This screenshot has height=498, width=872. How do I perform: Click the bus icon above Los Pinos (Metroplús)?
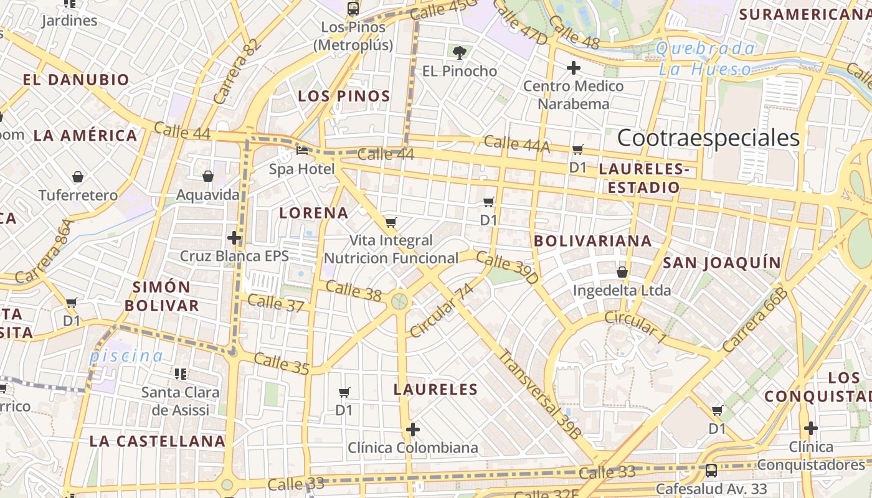(x=353, y=8)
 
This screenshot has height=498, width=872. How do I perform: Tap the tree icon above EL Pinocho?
(x=460, y=53)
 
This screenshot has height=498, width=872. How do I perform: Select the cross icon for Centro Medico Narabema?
(x=574, y=68)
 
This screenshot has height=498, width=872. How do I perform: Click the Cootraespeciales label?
(x=708, y=138)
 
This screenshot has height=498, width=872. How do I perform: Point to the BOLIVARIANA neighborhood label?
(x=593, y=241)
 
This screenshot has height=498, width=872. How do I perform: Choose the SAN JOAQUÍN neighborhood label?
(x=721, y=263)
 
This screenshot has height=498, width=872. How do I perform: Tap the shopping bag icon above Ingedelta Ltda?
(x=622, y=272)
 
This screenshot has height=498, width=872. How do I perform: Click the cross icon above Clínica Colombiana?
(x=412, y=430)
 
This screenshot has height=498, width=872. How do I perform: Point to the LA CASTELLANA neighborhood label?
(x=157, y=441)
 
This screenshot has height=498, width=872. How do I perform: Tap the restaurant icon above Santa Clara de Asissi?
(x=181, y=374)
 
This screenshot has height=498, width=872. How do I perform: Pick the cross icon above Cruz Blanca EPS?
(x=234, y=238)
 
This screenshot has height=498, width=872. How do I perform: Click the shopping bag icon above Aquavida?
(x=208, y=177)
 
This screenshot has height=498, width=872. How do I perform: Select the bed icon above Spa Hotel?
(x=302, y=151)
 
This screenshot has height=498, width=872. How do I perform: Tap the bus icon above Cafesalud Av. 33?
(x=711, y=471)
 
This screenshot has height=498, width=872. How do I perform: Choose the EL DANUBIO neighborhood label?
(x=76, y=80)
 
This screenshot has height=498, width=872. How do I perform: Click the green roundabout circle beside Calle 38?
(x=399, y=302)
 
